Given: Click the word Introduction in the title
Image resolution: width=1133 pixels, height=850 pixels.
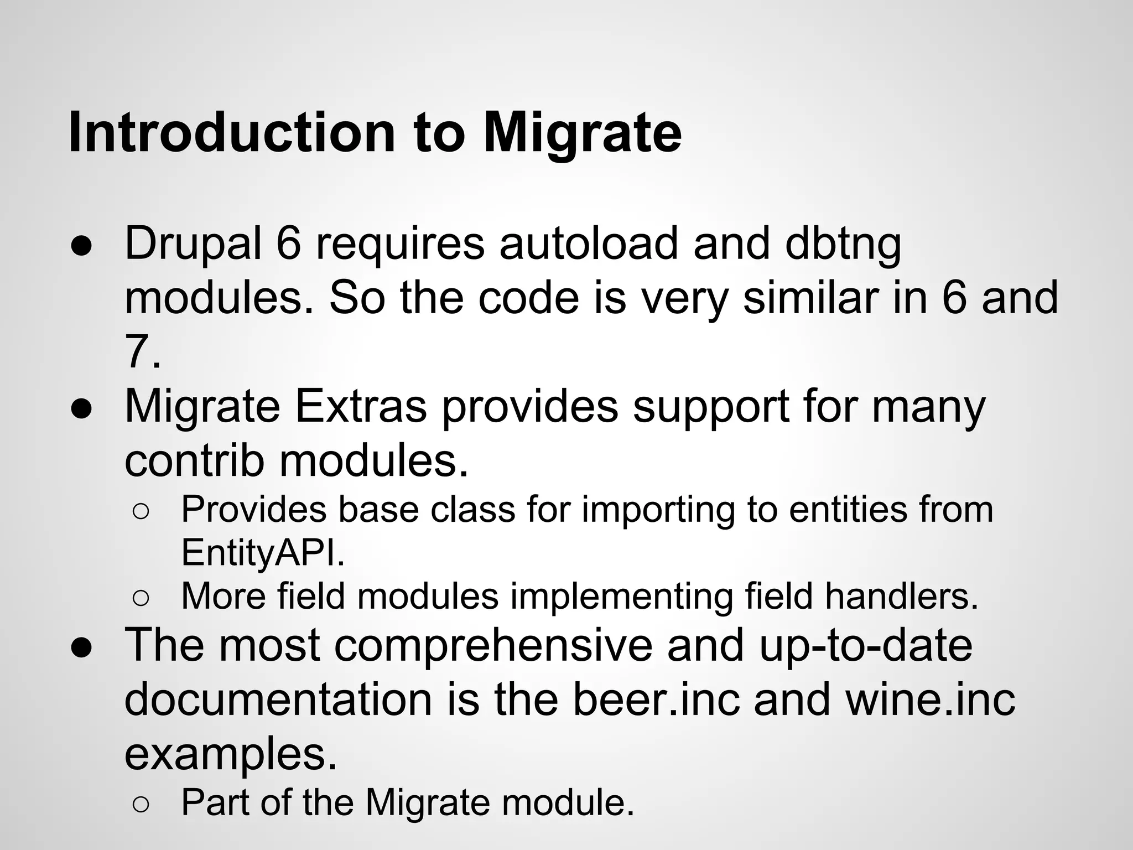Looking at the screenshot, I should [231, 133].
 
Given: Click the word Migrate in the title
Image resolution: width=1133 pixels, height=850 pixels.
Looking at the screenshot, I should [582, 133].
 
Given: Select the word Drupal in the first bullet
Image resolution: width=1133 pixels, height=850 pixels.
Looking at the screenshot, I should [193, 243].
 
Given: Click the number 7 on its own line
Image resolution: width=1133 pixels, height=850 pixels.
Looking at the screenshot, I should [138, 352].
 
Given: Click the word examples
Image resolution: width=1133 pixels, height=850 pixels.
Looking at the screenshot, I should [230, 754].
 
